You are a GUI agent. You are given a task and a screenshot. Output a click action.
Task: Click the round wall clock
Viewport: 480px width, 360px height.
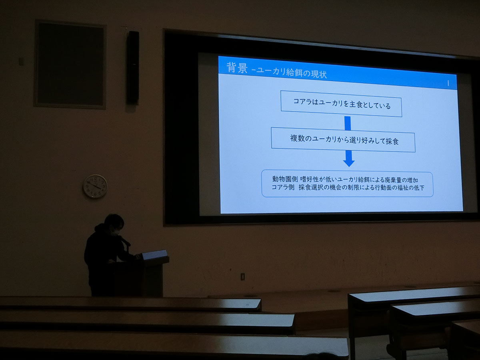pos(95,186)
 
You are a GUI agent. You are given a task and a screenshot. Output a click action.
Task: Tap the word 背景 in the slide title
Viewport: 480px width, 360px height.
pos(237,67)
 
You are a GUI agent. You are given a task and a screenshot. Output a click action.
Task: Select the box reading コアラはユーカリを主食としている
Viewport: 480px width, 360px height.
pos(341,104)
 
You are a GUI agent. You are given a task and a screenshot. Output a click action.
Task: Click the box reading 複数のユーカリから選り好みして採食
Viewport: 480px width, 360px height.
pos(343,140)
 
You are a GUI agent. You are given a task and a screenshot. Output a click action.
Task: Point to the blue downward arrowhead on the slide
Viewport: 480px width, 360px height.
pos(349,163)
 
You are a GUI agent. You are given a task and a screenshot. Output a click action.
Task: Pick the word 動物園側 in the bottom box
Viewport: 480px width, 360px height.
pos(285,179)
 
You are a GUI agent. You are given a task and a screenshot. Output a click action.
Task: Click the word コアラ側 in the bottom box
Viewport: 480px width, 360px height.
pos(283,187)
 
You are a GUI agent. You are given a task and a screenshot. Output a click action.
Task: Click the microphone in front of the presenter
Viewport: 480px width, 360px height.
pos(125,242)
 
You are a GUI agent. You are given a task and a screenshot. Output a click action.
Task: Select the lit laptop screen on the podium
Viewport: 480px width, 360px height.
pos(154,255)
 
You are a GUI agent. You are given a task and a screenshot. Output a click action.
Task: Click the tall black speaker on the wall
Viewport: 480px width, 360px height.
pos(133,67)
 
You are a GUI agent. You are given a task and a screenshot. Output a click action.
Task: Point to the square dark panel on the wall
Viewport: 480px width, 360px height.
pos(70,64)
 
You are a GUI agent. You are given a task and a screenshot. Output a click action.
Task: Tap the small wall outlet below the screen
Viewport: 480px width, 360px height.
pos(242,277)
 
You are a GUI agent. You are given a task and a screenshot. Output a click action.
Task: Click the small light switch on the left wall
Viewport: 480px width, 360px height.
pos(21,62)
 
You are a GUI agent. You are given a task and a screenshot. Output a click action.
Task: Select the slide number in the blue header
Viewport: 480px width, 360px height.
pos(448,83)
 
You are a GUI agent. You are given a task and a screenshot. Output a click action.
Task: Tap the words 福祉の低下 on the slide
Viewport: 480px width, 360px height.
pos(411,188)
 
